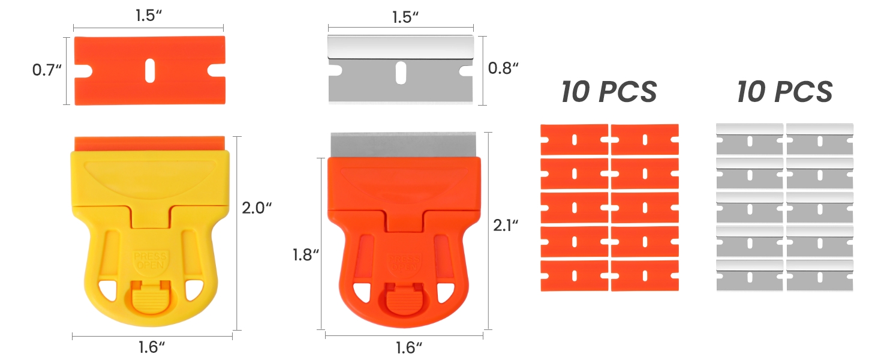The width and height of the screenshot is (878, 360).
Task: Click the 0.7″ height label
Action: [47, 70]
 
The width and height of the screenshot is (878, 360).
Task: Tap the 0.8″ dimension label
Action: [503, 68]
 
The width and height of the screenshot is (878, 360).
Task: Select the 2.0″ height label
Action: [257, 208]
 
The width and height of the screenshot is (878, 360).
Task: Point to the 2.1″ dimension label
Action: [506, 226]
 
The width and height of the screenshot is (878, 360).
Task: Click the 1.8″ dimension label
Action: [306, 255]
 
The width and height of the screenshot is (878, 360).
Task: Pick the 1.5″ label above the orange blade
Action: [149, 16]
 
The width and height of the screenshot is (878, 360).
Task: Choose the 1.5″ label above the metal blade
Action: [405, 17]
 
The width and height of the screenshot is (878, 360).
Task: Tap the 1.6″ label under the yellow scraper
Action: [151, 347]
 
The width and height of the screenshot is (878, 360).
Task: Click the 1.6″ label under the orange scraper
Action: [408, 348]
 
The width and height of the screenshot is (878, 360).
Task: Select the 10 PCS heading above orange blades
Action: [609, 92]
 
